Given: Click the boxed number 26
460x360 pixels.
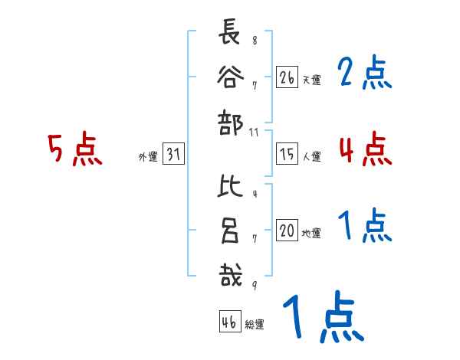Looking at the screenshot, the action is [x=287, y=77].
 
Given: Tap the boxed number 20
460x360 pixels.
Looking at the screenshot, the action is [x=287, y=231].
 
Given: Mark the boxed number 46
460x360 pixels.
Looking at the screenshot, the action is [x=228, y=322].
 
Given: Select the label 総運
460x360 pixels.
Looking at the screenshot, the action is [x=255, y=325].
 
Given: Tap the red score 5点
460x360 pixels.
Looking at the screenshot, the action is [x=75, y=149].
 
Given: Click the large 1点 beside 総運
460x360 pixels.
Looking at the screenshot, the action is [x=322, y=316].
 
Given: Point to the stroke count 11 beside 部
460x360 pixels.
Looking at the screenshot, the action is [x=255, y=133].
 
